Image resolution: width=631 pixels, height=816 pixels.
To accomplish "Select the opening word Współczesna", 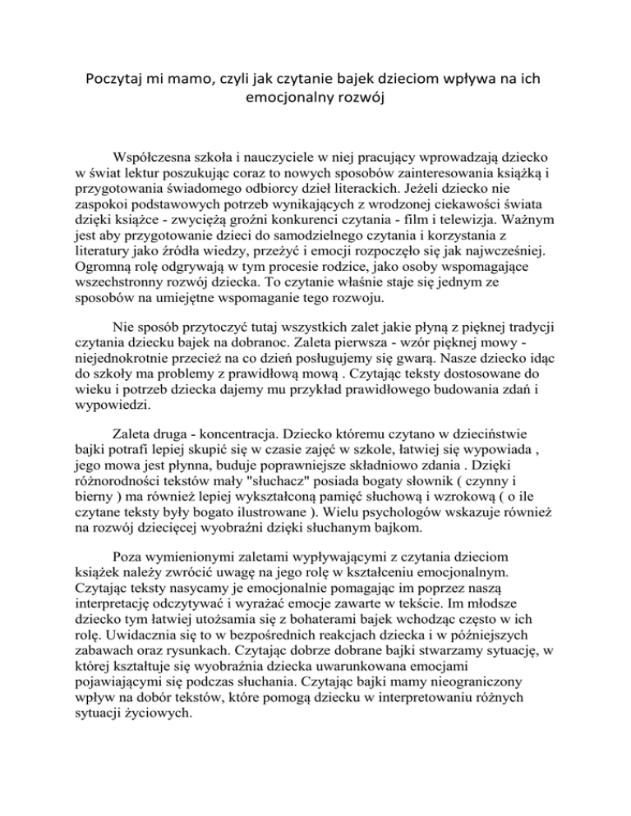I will click(165, 157).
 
